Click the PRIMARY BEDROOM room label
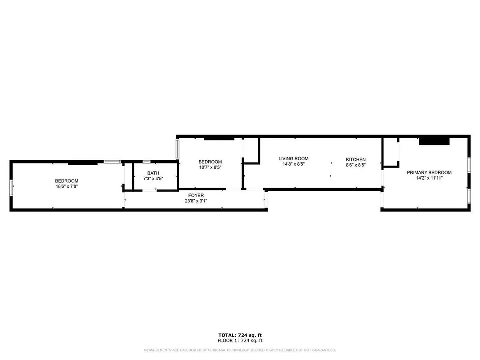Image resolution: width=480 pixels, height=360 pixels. click(x=429, y=172)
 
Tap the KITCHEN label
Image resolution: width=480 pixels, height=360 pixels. click(x=355, y=160)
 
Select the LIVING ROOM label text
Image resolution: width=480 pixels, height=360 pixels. click(x=293, y=158)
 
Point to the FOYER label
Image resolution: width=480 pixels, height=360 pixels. click(x=196, y=195)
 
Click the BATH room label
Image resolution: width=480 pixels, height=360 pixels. click(x=153, y=173)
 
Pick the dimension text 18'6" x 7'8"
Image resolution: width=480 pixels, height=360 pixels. click(x=67, y=186)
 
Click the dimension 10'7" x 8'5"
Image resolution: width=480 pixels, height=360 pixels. click(x=210, y=167)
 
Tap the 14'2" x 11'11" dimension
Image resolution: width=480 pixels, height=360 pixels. click(x=429, y=178)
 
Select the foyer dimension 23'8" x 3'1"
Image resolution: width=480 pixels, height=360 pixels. click(x=196, y=201)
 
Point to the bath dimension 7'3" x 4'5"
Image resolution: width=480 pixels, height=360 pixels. click(x=153, y=179)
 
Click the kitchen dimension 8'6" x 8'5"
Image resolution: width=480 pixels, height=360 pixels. click(x=355, y=165)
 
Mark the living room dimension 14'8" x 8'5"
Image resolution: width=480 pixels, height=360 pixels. click(x=293, y=164)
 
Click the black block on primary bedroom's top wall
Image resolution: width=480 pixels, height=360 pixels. click(x=434, y=141)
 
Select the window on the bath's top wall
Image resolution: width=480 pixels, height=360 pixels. click(x=146, y=162)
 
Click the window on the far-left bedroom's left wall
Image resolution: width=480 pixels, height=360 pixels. click(x=11, y=186)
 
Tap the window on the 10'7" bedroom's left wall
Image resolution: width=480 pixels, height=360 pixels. click(x=177, y=149)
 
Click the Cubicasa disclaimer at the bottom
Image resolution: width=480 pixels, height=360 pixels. click(x=239, y=350)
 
